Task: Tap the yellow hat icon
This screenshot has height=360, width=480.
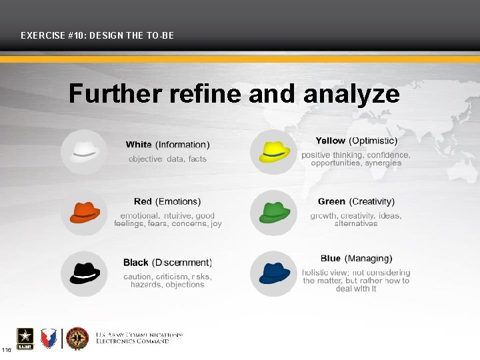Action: pos(273,151)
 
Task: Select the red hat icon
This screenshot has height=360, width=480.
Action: pos(84,212)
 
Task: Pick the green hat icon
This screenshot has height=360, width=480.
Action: pos(273,213)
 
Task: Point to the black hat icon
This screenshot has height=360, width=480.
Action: pos(84,273)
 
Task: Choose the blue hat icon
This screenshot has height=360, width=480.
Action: pos(273,273)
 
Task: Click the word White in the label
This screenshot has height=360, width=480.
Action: pos(139,145)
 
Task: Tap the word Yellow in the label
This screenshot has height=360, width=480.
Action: pos(331,141)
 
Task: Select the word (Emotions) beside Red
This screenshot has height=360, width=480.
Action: pos(178,201)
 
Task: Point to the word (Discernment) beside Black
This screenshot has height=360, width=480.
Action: pos(182,263)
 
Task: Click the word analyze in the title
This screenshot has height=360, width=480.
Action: pos(351,94)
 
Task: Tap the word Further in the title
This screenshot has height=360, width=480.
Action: pos(115,94)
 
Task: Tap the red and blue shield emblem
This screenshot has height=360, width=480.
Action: pos(48,338)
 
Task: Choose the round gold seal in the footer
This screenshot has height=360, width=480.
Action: pos(77,338)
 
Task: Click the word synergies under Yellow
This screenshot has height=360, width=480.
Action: pos(383,163)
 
